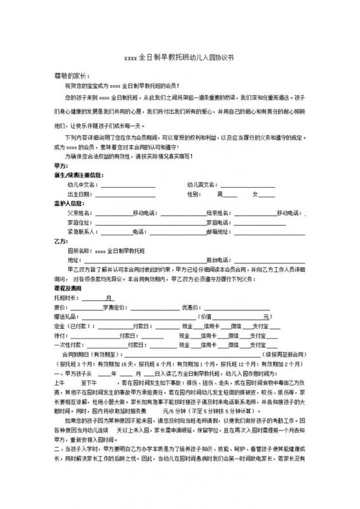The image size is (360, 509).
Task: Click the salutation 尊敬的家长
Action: click(71, 75)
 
